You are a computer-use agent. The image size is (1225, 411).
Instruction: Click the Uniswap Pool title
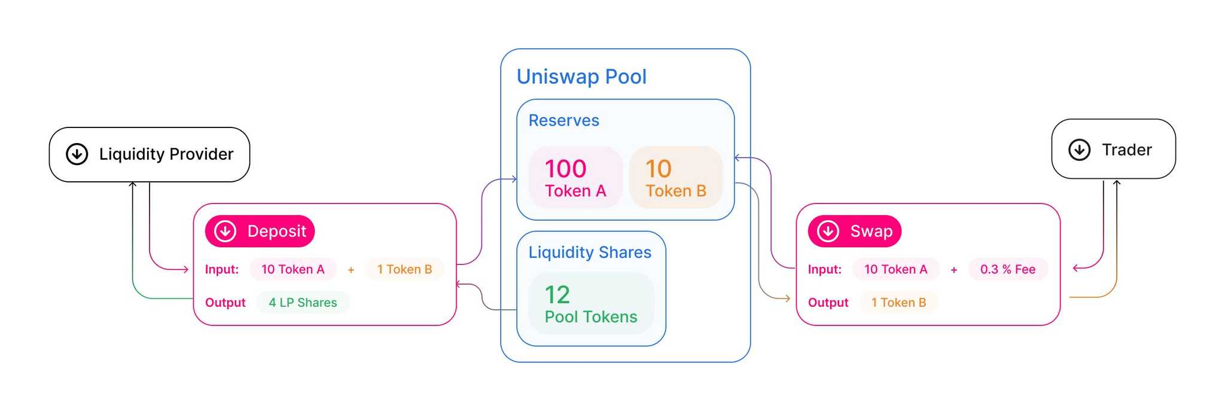(581, 77)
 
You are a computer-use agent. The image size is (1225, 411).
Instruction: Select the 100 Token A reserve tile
(575, 178)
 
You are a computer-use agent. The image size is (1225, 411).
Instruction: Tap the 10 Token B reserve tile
(676, 178)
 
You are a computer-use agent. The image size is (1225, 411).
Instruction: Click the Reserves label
(563, 121)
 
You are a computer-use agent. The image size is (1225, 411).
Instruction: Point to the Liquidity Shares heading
(590, 252)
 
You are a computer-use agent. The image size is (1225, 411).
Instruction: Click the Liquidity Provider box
(150, 154)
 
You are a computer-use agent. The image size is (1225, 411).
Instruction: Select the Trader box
(1113, 150)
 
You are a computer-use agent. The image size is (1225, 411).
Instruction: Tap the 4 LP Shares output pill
(303, 303)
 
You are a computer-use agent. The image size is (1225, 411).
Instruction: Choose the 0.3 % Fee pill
(1008, 270)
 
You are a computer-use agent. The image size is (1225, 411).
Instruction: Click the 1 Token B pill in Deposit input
(404, 270)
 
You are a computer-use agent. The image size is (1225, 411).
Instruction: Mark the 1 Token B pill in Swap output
(898, 303)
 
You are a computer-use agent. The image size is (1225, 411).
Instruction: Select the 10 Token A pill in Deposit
(293, 270)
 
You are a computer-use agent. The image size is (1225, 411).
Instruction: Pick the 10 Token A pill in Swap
(895, 270)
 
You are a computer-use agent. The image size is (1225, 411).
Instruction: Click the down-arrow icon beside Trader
(1080, 150)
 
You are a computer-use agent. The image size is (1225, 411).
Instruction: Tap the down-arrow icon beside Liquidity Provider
(77, 154)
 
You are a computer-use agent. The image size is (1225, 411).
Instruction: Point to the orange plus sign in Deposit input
(351, 270)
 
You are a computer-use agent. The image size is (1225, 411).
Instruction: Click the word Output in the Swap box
(828, 303)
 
